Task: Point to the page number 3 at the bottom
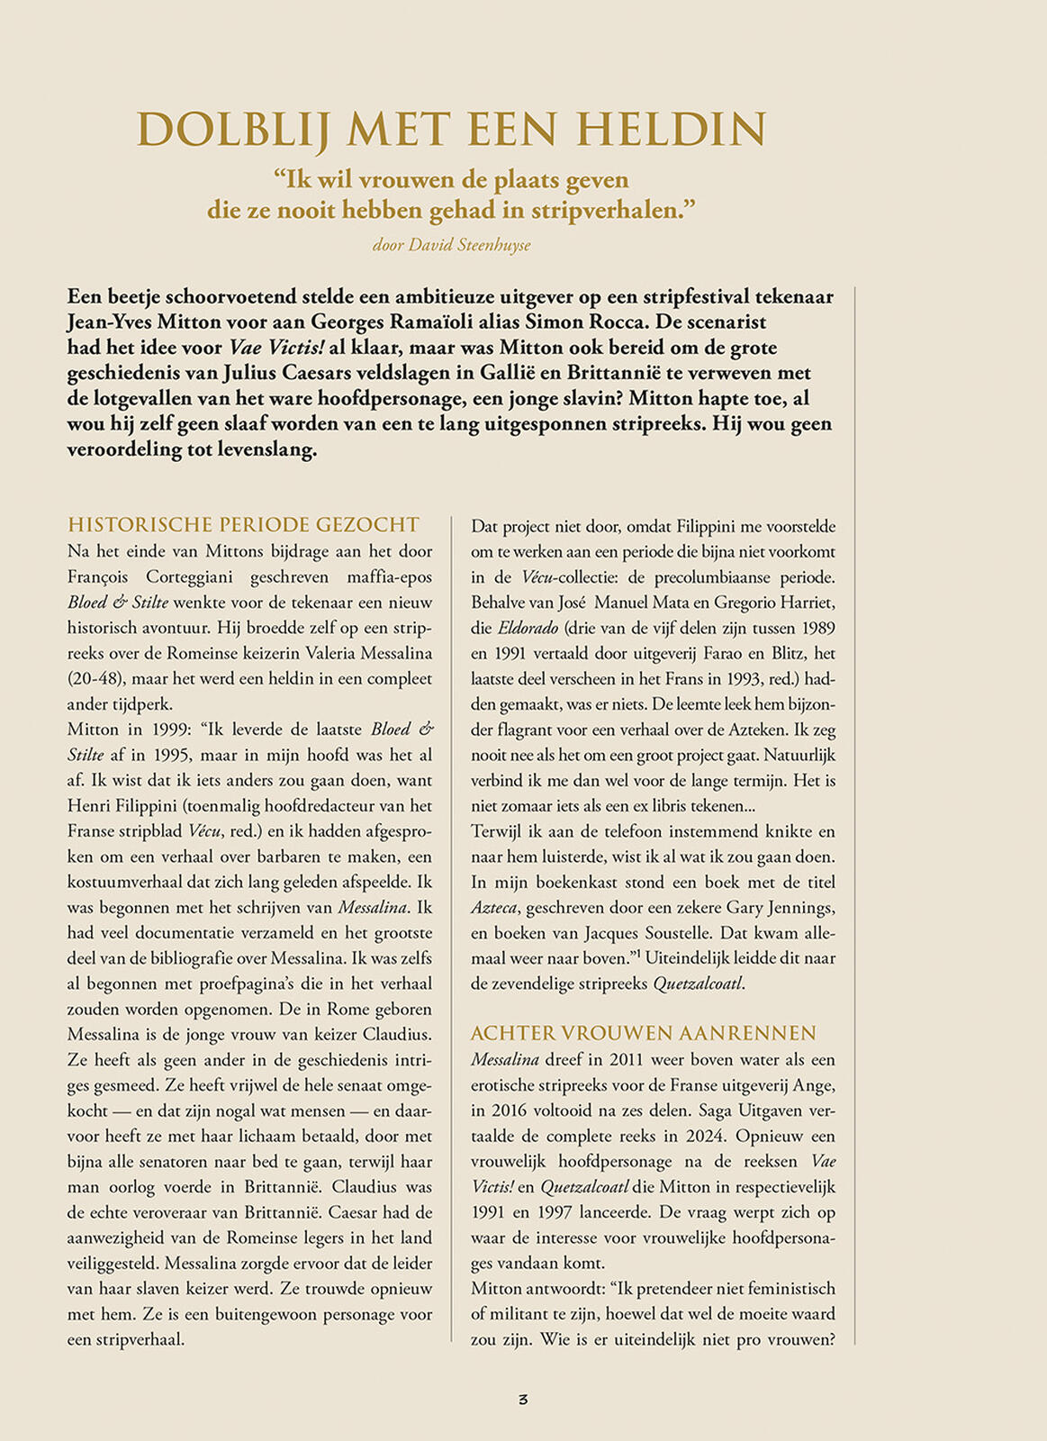coord(523,1399)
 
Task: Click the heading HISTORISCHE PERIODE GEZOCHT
coord(244,525)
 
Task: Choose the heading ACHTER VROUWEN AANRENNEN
coord(644,1033)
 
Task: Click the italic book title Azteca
coord(495,908)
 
